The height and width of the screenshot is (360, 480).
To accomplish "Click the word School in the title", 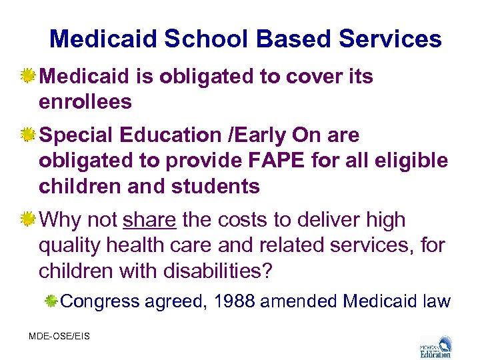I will point(204,39).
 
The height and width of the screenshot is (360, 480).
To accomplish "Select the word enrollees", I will point(85,102).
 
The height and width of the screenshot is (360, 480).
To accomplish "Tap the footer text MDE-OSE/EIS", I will point(59,336).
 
